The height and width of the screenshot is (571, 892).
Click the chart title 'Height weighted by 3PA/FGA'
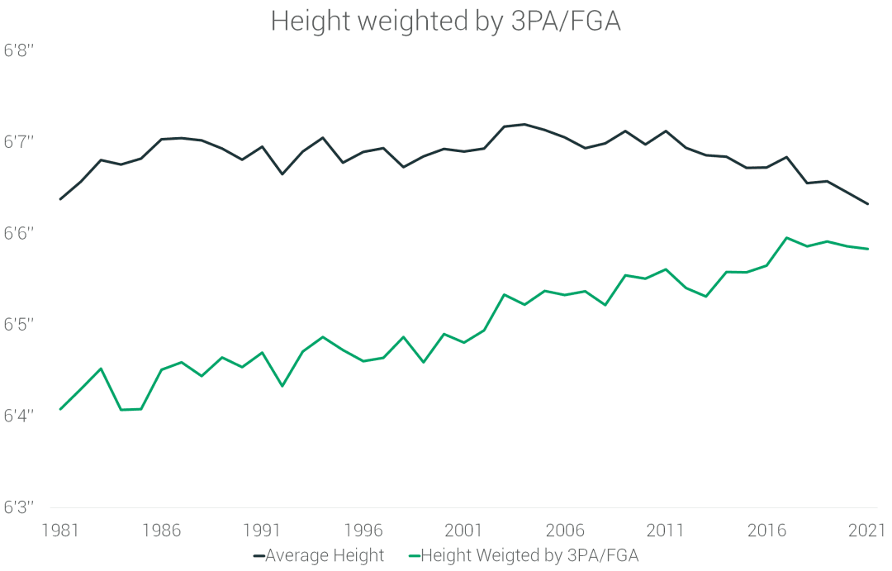pyautogui.click(x=445, y=21)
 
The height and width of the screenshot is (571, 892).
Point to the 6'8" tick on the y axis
pyautogui.click(x=18, y=51)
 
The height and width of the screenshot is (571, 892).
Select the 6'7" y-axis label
pyautogui.click(x=18, y=142)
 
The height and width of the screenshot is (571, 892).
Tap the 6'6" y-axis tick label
pyautogui.click(x=18, y=234)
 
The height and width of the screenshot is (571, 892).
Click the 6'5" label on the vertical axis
pyautogui.click(x=18, y=325)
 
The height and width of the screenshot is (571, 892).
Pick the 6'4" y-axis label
pyautogui.click(x=18, y=416)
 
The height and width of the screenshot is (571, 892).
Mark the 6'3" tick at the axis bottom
pyautogui.click(x=18, y=507)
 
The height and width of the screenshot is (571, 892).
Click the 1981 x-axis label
pyautogui.click(x=60, y=529)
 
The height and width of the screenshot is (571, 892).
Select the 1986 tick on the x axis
pyautogui.click(x=161, y=529)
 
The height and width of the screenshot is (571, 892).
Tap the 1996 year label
pyautogui.click(x=363, y=529)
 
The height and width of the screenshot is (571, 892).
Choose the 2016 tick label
pyautogui.click(x=767, y=529)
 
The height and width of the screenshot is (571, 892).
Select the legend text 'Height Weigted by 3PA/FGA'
pyautogui.click(x=529, y=556)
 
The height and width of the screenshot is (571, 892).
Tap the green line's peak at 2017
pyautogui.click(x=787, y=238)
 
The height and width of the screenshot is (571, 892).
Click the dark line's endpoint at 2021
pyautogui.click(x=868, y=204)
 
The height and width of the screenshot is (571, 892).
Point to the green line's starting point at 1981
pyautogui.click(x=60, y=409)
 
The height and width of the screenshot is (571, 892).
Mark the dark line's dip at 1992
pyautogui.click(x=282, y=174)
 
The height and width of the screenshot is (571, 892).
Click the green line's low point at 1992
pyautogui.click(x=282, y=386)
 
